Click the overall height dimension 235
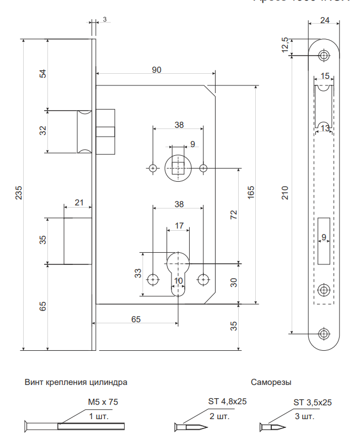[19, 194]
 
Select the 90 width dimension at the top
[157, 69]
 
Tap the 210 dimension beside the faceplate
[285, 193]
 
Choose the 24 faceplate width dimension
[325, 21]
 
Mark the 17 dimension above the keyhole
[179, 226]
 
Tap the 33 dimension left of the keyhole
[138, 274]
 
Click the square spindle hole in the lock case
[178, 167]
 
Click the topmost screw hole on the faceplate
[324, 55]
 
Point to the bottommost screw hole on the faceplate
[324, 333]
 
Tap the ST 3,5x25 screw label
[313, 402]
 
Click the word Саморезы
[271, 382]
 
